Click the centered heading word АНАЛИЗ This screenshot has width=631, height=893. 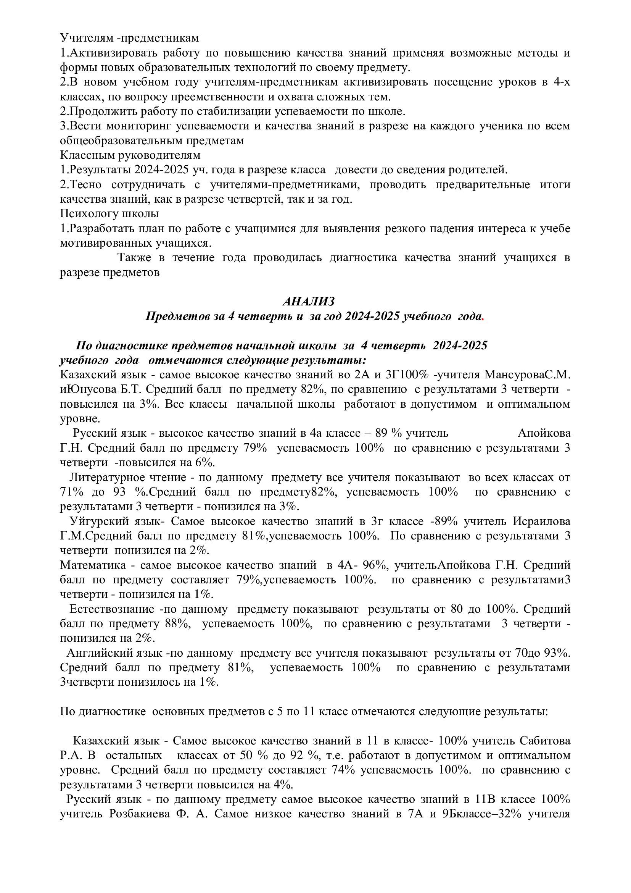tap(308, 302)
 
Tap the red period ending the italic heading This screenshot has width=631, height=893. tap(483, 317)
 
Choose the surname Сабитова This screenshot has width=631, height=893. tap(545, 741)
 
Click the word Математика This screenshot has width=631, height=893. tap(87, 565)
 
